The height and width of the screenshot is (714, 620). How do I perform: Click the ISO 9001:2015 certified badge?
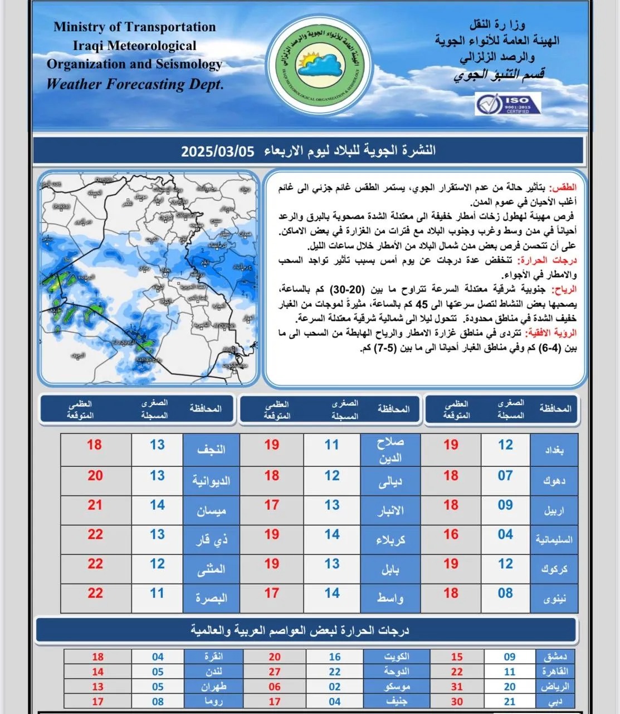(x=507, y=104)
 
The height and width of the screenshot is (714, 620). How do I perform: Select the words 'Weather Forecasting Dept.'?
(x=135, y=85)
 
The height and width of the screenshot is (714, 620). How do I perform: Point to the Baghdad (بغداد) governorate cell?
(x=554, y=450)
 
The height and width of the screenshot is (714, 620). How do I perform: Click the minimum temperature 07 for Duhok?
(x=505, y=476)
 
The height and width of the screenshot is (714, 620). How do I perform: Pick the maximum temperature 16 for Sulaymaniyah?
(x=451, y=534)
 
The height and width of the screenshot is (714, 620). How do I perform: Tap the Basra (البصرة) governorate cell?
(x=211, y=598)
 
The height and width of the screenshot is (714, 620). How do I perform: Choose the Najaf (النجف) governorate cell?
(x=211, y=450)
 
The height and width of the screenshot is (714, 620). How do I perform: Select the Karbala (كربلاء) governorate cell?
(x=390, y=539)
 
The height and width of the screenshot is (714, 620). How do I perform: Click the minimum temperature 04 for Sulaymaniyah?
(x=505, y=534)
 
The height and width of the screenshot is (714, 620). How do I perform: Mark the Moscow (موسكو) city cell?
(x=396, y=687)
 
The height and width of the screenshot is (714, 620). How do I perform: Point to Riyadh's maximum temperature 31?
(x=457, y=687)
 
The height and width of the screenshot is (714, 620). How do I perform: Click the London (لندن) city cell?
(x=213, y=672)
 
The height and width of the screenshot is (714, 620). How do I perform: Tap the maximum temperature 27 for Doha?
(x=275, y=672)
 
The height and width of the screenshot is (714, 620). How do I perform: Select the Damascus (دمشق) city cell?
(x=554, y=657)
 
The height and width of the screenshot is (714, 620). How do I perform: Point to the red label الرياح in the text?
(x=564, y=289)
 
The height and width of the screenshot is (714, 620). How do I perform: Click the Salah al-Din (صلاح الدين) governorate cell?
(x=390, y=450)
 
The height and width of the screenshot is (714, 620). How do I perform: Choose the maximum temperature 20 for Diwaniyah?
(x=95, y=476)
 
